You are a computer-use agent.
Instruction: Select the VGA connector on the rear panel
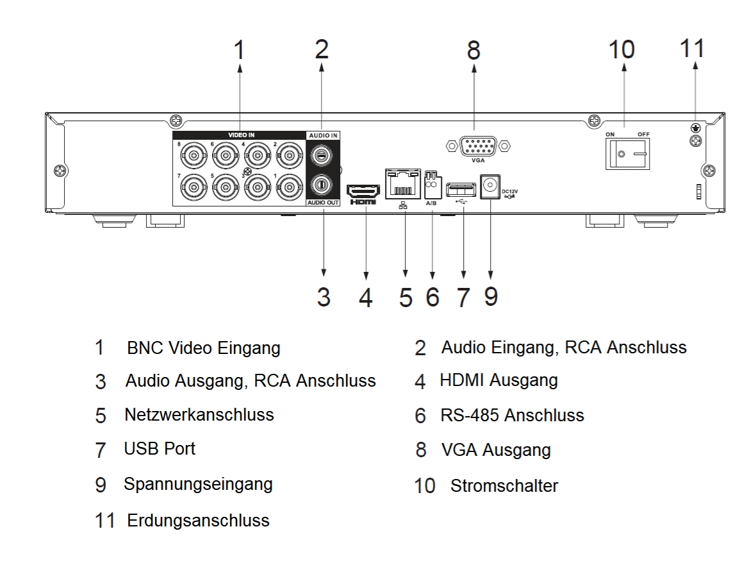(x=473, y=146)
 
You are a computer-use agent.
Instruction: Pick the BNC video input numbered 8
(x=192, y=155)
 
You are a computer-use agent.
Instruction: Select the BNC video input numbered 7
(x=192, y=188)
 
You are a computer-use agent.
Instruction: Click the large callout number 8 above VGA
(x=473, y=51)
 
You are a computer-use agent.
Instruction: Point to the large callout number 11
(x=691, y=49)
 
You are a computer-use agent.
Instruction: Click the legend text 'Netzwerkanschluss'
(x=199, y=414)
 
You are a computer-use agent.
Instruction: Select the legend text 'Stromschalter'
(x=504, y=485)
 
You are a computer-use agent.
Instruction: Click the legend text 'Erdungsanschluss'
(x=198, y=519)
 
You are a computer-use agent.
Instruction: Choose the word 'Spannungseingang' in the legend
(x=198, y=483)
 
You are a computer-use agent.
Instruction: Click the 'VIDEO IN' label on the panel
(x=241, y=135)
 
